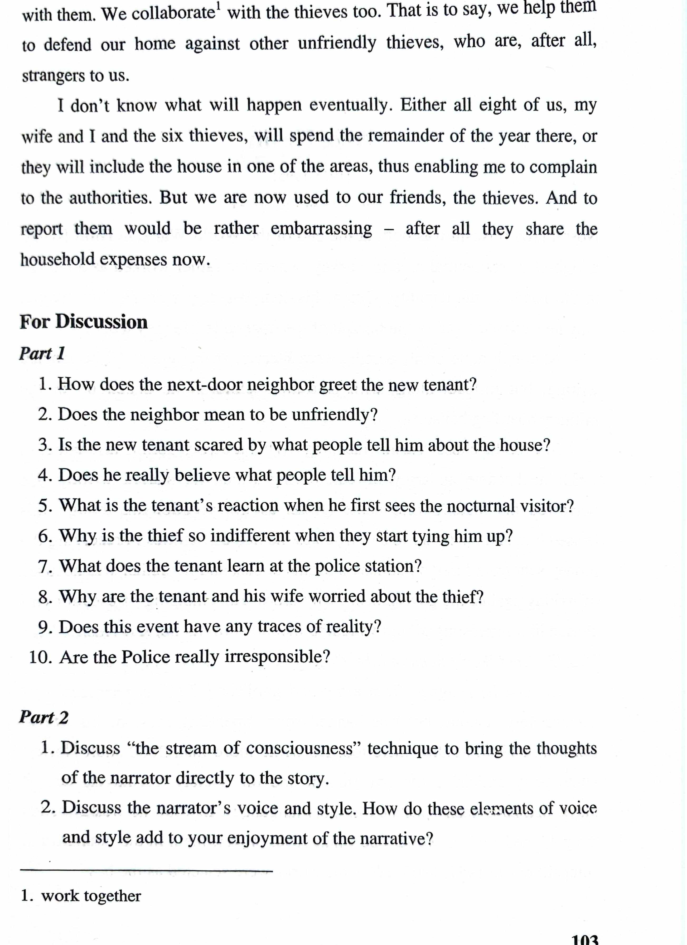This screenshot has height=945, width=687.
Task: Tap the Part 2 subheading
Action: [43, 717]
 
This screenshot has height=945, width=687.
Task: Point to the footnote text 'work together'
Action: [91, 896]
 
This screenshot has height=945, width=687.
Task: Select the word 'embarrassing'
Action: [321, 229]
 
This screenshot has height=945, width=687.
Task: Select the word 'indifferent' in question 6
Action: [250, 536]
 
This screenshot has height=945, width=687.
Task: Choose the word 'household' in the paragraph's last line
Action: [58, 259]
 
